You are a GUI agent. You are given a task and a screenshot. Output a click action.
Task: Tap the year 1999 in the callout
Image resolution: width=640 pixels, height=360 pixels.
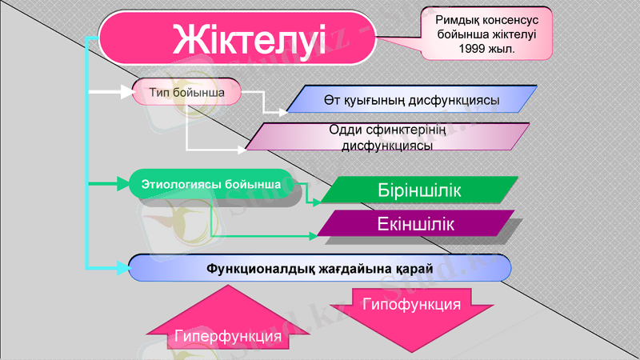474,49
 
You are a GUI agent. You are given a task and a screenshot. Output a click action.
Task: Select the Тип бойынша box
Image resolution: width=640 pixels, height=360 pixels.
185,92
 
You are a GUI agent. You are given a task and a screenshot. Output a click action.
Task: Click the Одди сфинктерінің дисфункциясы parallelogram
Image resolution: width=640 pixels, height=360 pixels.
387,137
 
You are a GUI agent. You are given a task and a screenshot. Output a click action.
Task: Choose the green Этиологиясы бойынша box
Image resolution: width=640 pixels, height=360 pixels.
210,185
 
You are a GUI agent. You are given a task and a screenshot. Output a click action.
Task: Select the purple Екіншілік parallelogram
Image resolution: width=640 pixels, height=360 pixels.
415,224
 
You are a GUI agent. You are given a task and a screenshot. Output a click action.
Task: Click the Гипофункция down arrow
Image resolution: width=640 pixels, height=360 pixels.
411,314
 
